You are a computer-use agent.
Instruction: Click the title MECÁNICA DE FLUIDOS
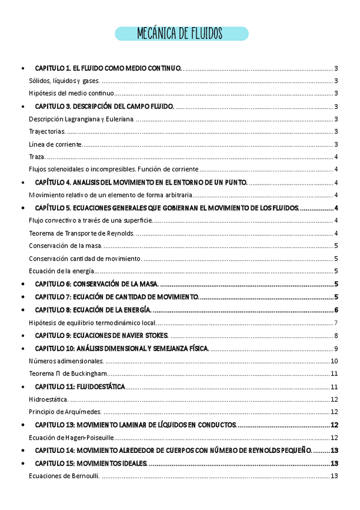tap(181, 33)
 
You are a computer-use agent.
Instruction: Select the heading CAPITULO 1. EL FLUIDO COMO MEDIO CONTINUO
tap(108, 69)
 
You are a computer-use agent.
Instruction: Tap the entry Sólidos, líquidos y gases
tap(65, 81)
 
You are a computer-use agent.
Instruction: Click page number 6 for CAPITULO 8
tap(337, 310)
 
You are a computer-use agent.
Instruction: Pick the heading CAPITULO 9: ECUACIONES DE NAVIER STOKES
tap(102, 336)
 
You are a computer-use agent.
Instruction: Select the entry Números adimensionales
tap(67, 361)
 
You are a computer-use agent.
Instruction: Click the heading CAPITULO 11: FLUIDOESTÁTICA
tap(80, 387)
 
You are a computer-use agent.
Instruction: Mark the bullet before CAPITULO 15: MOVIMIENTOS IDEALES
tap(22, 464)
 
